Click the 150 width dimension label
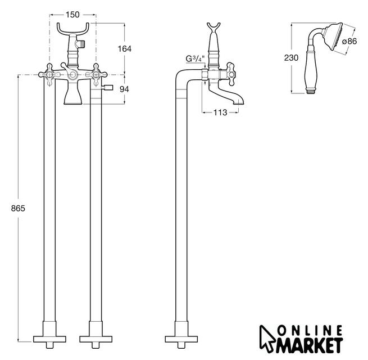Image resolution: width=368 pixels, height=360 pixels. (x=72, y=15)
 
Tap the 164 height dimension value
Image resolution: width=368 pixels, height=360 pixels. (x=124, y=48)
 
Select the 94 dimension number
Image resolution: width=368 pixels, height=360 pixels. (x=124, y=89)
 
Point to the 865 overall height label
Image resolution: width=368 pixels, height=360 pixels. (x=18, y=208)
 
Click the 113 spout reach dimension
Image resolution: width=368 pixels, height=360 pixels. (x=220, y=112)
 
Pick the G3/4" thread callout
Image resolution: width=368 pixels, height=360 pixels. (x=195, y=58)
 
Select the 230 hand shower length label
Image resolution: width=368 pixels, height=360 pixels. (x=291, y=57)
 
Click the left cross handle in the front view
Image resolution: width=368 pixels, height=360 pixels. (x=50, y=75)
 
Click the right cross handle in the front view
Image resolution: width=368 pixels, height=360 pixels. (x=96, y=75)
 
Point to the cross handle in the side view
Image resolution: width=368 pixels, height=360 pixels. (x=231, y=74)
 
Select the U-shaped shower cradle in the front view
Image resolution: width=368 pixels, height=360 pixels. (x=73, y=29)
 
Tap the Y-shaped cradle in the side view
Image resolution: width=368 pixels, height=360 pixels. (x=213, y=28)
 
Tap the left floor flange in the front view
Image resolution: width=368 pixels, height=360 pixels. (x=49, y=339)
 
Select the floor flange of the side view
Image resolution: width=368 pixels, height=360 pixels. (x=181, y=339)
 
